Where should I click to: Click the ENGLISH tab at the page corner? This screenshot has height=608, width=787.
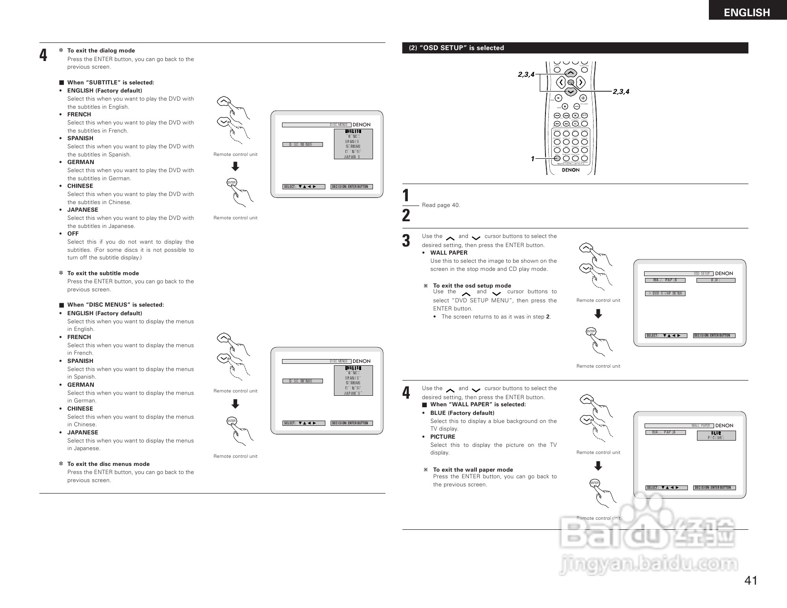coord(747,12)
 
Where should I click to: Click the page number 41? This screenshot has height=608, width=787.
coord(751,580)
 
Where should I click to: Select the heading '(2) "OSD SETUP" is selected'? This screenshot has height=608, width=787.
coord(456,48)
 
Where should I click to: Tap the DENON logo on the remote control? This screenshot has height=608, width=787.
coord(570,170)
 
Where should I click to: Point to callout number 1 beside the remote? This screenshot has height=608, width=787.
coord(533,159)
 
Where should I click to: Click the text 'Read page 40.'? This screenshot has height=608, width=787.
coord(441,205)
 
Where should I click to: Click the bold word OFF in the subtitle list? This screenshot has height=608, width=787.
coord(73,234)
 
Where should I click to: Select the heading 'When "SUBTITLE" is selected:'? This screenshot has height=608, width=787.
coord(111,82)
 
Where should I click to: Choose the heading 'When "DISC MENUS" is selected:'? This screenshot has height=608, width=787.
coord(115,305)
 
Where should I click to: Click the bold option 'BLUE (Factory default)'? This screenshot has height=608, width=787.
coord(462,413)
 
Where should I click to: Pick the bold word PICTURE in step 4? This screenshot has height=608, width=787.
coord(443,437)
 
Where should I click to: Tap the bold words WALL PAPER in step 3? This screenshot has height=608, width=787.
coord(449,253)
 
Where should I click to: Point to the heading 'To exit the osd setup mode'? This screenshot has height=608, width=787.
coord(472,286)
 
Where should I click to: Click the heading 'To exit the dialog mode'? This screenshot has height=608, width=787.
coord(101,51)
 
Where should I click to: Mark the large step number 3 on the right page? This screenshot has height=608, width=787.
coord(406,241)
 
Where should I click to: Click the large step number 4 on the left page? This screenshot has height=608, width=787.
coord(43,55)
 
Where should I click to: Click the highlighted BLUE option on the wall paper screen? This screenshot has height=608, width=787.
coord(716,433)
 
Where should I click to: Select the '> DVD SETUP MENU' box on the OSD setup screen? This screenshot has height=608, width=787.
coord(665,293)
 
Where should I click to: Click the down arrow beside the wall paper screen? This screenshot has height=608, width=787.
coord(598,466)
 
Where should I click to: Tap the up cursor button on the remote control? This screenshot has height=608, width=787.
coord(571,73)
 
